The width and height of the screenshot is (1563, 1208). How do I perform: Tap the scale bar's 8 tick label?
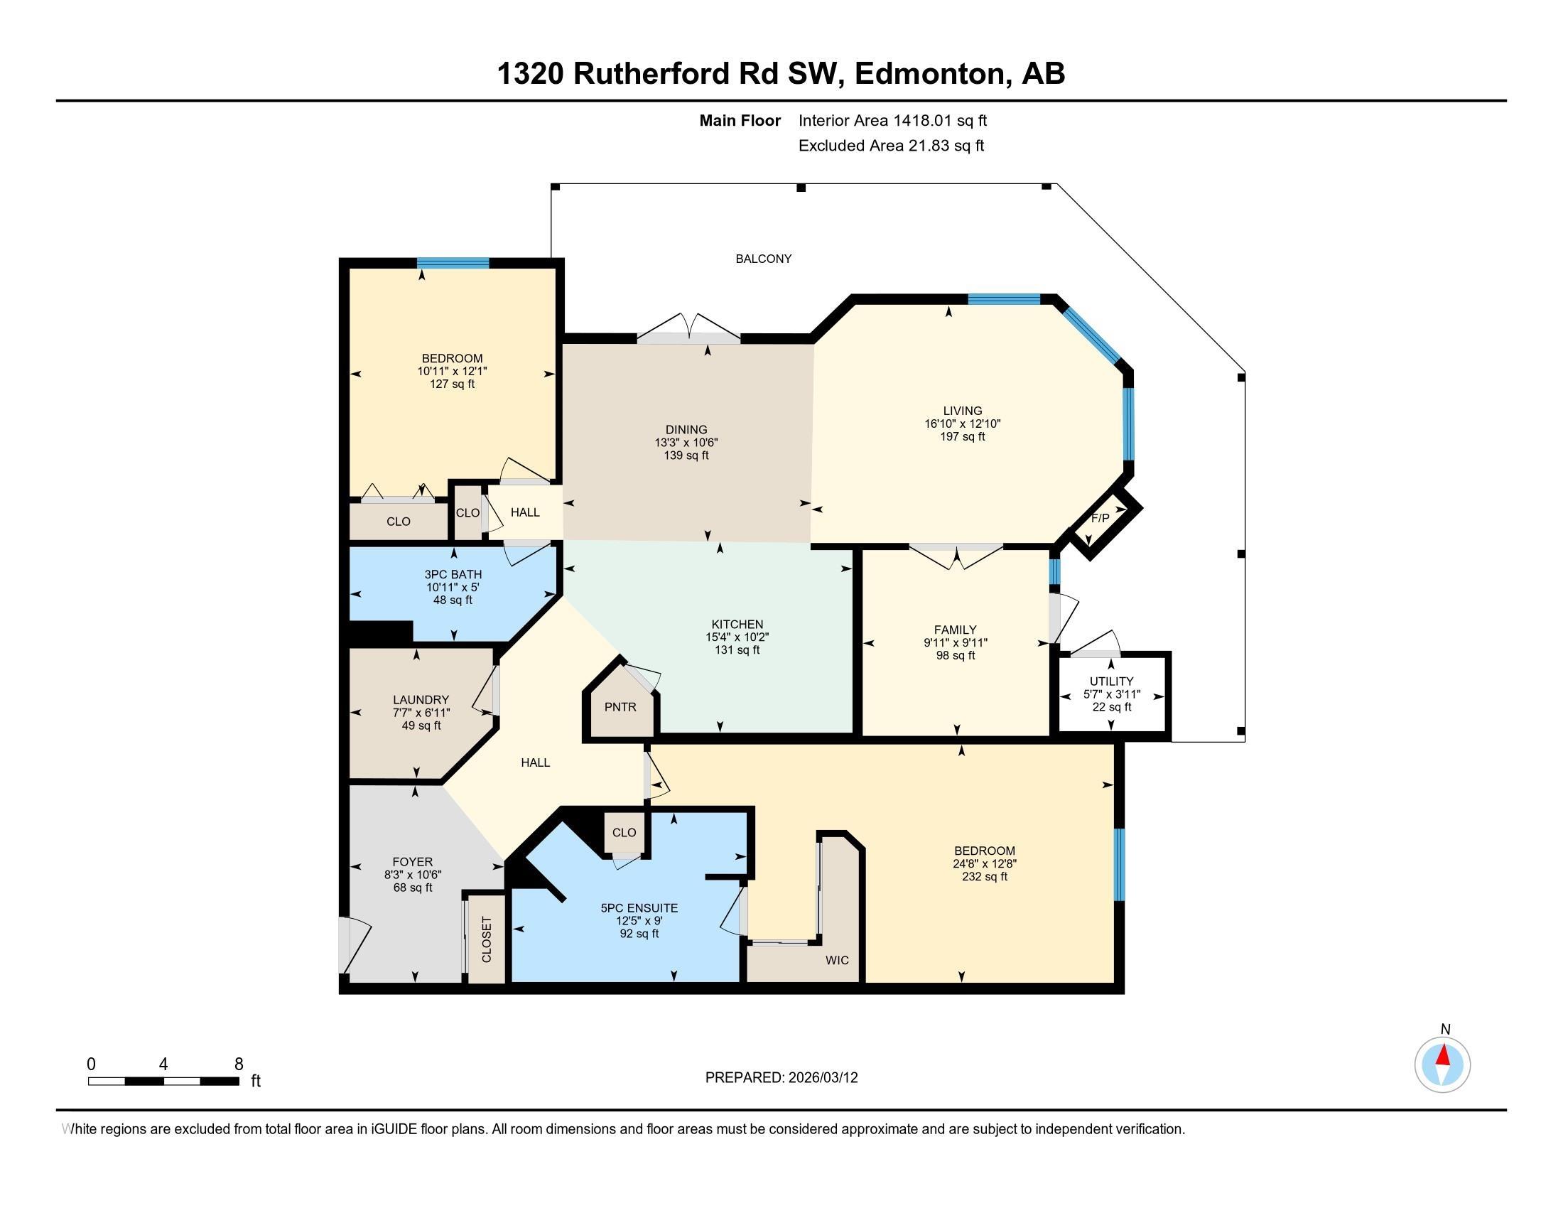239,1064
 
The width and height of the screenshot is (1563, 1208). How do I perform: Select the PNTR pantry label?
620,707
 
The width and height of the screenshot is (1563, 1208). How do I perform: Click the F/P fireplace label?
1100,518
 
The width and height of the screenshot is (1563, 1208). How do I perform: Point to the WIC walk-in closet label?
837,960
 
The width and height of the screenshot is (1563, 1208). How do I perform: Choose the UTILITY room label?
1110,681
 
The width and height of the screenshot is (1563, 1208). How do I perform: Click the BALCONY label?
764,259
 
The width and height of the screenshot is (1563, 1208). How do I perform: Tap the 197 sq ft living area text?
962,436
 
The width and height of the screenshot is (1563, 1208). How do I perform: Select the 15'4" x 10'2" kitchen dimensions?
737,637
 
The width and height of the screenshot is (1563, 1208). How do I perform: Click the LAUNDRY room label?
421,700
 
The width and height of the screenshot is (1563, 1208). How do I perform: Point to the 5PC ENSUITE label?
639,908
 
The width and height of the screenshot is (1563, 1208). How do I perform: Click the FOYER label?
412,862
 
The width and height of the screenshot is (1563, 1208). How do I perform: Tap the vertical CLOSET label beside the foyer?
487,939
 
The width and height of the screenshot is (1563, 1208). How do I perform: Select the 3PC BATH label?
453,574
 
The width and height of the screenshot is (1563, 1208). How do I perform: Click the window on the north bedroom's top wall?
453,263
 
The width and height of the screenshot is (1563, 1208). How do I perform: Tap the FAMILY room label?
955,630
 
